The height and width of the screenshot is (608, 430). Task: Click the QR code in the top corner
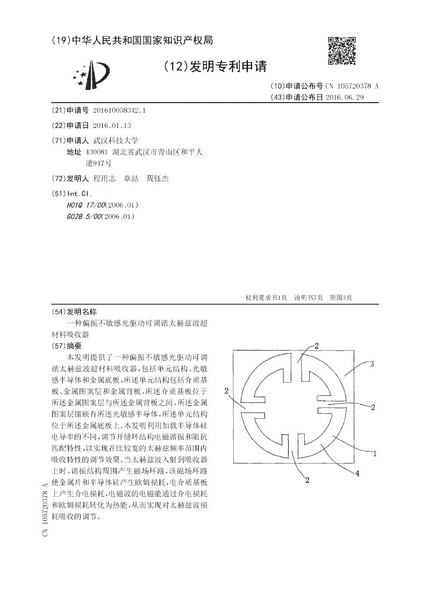(342, 51)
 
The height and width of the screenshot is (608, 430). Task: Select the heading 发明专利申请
(214, 66)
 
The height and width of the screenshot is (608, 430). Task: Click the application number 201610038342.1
(119, 110)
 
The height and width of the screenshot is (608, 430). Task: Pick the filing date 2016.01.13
(112, 125)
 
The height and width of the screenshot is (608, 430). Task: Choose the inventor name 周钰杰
(157, 178)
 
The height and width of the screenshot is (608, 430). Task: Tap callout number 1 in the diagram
(374, 453)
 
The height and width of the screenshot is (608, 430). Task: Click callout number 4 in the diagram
(357, 473)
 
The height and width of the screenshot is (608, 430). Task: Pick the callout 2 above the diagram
(317, 345)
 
